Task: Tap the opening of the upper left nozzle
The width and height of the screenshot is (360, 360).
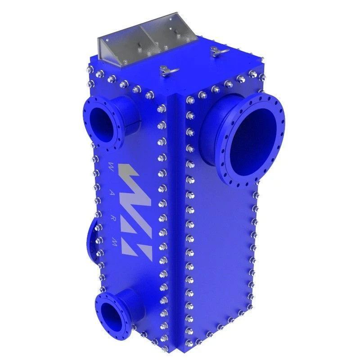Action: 103,121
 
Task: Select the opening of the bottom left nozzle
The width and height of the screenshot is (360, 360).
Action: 110,313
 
